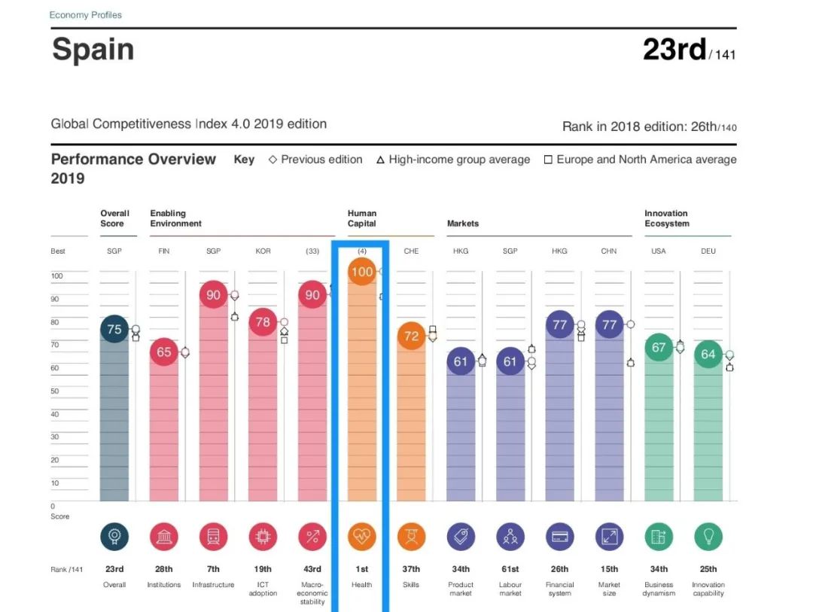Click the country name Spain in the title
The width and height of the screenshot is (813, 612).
tap(93, 50)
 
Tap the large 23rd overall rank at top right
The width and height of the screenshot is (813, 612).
tap(674, 50)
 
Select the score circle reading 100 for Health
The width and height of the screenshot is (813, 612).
tap(362, 271)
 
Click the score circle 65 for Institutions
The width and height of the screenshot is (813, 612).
tap(164, 352)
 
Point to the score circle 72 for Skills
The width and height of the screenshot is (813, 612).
tap(411, 336)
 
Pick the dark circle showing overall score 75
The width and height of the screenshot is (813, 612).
tap(114, 329)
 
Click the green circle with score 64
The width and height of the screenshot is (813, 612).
tap(708, 354)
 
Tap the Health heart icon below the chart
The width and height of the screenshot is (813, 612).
tap(362, 537)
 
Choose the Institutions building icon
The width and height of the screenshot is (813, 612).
tap(164, 537)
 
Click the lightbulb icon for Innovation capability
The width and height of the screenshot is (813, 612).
tap(708, 537)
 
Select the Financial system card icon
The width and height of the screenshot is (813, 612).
tap(559, 537)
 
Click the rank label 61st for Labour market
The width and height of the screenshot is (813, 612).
tap(510, 569)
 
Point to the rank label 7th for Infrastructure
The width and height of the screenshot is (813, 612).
tap(214, 569)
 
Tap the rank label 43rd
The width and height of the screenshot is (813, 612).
tap(312, 569)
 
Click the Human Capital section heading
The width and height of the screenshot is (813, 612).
tap(362, 218)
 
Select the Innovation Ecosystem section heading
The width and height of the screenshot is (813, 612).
tap(666, 218)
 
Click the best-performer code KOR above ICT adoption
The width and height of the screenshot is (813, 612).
tap(263, 251)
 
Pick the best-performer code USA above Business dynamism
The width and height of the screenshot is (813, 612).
tap(659, 251)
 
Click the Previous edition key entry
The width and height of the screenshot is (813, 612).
tap(315, 160)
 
